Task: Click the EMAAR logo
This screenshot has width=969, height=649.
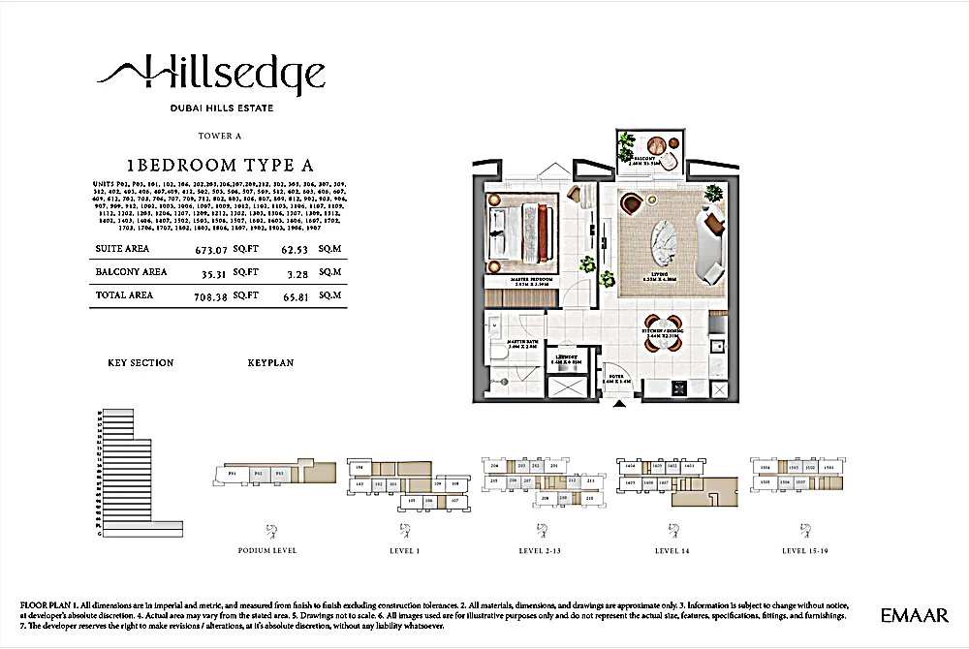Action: point(915,615)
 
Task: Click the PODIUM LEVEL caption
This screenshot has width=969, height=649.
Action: point(266,550)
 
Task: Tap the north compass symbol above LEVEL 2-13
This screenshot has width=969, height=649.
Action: point(536,529)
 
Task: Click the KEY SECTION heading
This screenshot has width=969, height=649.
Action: point(141,363)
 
